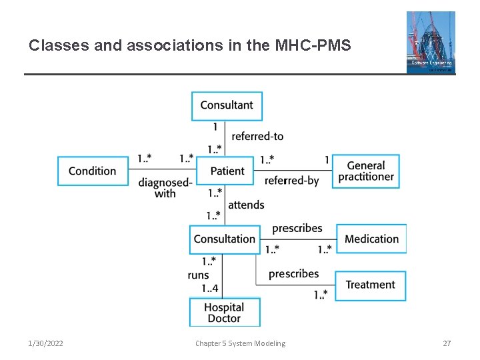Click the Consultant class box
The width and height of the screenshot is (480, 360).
227,105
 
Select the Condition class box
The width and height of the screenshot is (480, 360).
92,171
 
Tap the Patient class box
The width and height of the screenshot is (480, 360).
227,171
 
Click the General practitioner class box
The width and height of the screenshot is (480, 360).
366,171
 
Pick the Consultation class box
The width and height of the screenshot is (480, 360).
225,239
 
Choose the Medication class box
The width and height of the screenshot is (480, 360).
371,239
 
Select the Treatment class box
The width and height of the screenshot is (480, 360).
370,285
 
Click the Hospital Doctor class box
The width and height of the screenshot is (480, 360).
224,313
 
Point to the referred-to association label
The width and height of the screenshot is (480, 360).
257,136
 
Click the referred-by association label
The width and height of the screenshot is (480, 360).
291,181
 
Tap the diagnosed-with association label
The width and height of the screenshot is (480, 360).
165,188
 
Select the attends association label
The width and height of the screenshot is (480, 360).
246,205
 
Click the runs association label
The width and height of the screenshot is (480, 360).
199,275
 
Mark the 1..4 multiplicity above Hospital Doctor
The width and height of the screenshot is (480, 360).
210,288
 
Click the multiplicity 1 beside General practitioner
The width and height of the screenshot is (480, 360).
327,159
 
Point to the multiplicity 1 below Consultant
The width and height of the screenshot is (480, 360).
215,127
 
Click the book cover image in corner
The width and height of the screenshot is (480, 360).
431,42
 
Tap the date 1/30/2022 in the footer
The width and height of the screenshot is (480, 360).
46,343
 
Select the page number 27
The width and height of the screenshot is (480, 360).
447,343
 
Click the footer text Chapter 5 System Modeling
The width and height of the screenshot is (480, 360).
240,343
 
